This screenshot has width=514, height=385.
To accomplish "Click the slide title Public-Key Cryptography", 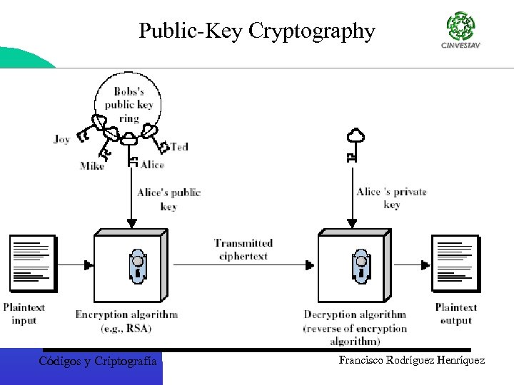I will pos(256,31).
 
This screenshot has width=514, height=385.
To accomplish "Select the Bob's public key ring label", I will pos(128,104).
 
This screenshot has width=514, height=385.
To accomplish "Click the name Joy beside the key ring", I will pos(62,139).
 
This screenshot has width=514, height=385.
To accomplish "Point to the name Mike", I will pos(92,166).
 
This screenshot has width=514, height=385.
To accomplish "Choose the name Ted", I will pos(179,146).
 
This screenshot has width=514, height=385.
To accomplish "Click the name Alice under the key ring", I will pos(152,165).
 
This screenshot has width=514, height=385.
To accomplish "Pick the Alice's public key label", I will pos(169,199).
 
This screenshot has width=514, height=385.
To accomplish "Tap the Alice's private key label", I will pos(391,197).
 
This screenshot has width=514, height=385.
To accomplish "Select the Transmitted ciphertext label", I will pos(243,249).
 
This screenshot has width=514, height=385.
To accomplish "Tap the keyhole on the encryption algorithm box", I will pos(136,265).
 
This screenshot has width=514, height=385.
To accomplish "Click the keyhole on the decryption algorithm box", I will pos(360,265).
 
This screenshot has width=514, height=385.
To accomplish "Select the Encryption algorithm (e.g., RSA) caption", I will pos(126,320).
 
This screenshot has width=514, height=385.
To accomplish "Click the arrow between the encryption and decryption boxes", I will pos(243,266).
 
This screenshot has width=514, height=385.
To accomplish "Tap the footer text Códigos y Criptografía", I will pos(98,361).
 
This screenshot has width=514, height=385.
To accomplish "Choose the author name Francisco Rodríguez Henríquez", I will pos(412,361).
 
